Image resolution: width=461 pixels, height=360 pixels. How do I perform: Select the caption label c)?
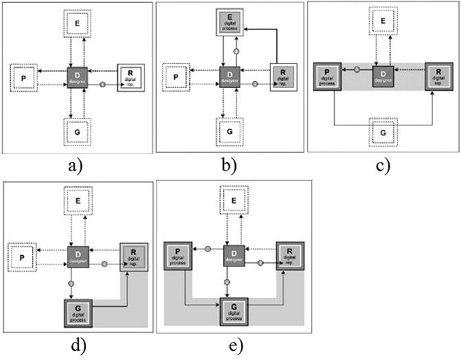pos(379,166)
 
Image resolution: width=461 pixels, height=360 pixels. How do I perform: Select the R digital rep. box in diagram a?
pos(131,76)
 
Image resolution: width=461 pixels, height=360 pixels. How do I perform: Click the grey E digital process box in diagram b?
pos(234,25)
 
